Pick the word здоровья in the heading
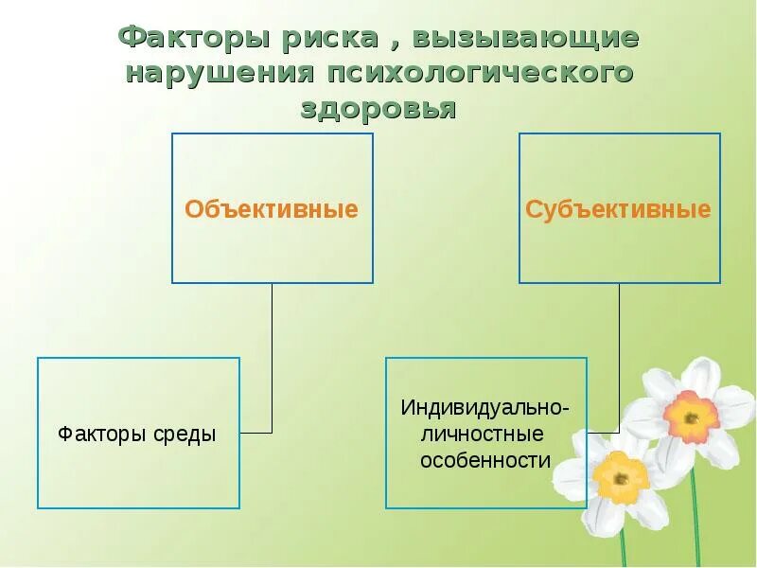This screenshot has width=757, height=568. (378, 108)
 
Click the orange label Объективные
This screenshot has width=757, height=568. (272, 209)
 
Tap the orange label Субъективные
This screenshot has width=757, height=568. (618, 209)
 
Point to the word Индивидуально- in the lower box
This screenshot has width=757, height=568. (484, 408)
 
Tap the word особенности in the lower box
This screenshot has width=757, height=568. (484, 461)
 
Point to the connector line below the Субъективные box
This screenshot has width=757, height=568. (620, 350)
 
